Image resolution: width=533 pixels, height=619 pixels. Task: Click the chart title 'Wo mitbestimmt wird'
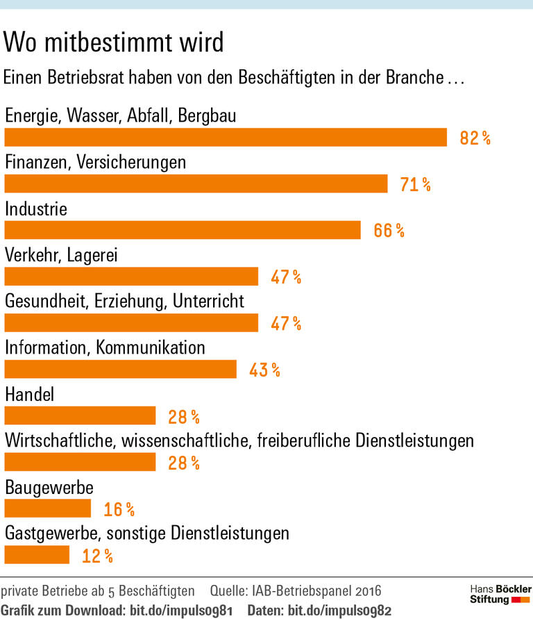(114, 43)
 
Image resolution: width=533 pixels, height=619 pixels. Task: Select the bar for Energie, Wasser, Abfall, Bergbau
(226, 138)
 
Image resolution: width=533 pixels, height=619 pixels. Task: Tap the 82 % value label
(475, 138)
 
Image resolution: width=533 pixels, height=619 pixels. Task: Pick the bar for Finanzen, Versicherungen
(196, 184)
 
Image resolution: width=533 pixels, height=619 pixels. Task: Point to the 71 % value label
(415, 184)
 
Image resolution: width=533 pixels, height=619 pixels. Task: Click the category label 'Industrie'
(36, 208)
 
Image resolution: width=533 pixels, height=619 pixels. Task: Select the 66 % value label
(389, 231)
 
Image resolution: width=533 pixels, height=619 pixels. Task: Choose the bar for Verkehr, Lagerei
(131, 277)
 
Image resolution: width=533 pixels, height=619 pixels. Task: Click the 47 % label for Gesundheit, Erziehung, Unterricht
(286, 323)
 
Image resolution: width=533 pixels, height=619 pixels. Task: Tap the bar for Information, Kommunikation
(121, 370)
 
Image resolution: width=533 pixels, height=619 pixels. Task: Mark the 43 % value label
(264, 370)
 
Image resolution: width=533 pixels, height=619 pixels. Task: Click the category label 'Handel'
(30, 395)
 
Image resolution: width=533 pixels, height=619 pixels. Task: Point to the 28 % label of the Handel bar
(184, 416)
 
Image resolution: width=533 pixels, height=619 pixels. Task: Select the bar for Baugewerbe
(48, 509)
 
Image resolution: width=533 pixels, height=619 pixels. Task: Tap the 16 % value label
(119, 509)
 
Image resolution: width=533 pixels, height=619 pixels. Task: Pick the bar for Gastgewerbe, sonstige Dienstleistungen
(37, 555)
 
